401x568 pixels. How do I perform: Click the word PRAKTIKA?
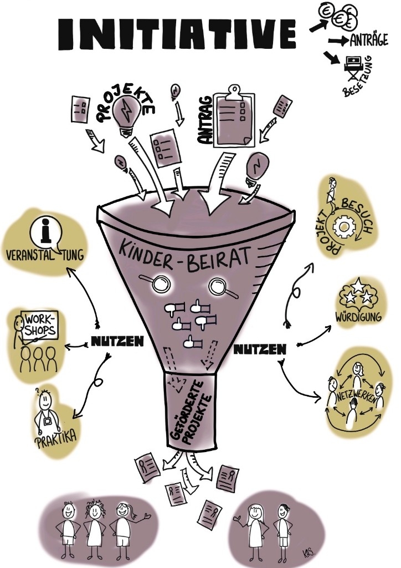tap(55, 436)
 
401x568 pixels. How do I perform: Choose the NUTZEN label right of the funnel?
tap(259, 349)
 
